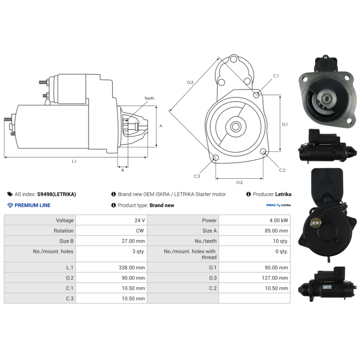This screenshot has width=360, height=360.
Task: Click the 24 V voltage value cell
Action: (139, 220)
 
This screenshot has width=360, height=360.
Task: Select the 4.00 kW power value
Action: (279, 220)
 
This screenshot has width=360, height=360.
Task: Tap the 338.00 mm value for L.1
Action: (132, 267)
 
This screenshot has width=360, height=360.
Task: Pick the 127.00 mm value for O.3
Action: (275, 278)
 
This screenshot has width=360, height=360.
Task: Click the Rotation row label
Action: (63, 231)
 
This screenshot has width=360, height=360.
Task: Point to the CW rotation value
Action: (140, 231)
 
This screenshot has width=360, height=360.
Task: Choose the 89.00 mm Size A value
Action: (276, 231)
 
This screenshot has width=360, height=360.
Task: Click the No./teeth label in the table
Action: (206, 241)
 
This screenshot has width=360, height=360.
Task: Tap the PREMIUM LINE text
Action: (32, 205)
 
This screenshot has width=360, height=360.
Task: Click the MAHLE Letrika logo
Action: (278, 205)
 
